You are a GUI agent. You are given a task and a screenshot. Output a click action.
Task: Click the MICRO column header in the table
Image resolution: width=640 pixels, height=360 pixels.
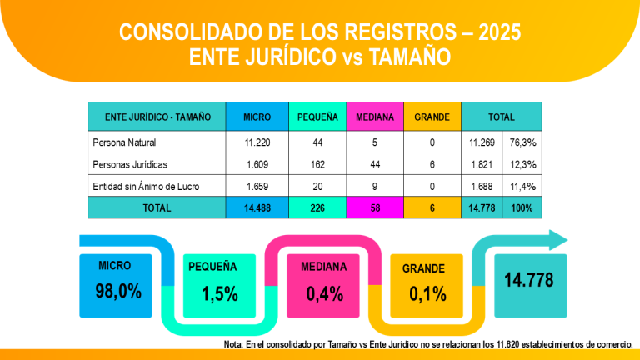(x=257, y=117)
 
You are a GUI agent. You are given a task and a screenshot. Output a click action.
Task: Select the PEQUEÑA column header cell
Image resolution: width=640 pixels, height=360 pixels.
(x=317, y=117)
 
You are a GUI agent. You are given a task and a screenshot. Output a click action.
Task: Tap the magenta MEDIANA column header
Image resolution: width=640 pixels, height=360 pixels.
(x=375, y=117)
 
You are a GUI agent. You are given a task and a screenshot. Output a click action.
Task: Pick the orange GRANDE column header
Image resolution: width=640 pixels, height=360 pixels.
(x=432, y=117)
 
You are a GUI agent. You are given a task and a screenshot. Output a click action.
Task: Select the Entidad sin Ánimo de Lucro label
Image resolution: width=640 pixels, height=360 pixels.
(x=146, y=186)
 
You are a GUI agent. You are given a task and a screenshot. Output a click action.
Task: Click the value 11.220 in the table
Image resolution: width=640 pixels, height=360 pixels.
(x=257, y=142)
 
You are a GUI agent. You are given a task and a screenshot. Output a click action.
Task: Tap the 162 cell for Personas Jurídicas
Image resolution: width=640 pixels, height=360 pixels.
(x=317, y=164)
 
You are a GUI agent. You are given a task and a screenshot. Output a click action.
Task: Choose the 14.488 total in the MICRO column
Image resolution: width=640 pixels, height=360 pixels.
(x=257, y=207)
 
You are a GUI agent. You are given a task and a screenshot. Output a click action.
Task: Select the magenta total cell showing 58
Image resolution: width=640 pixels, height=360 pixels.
(x=375, y=207)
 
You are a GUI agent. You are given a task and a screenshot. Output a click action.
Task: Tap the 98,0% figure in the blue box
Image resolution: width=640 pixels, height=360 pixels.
(x=118, y=291)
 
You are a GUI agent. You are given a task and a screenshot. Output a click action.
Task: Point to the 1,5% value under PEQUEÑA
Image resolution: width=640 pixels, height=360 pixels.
(x=220, y=293)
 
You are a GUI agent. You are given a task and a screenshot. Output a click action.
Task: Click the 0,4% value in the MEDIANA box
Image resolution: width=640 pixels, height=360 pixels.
(x=325, y=293)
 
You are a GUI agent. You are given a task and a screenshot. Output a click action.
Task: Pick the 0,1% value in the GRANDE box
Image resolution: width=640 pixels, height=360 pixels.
(x=427, y=293)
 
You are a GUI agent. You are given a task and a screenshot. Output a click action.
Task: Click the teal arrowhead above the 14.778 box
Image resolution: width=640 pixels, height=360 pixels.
(x=556, y=241)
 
